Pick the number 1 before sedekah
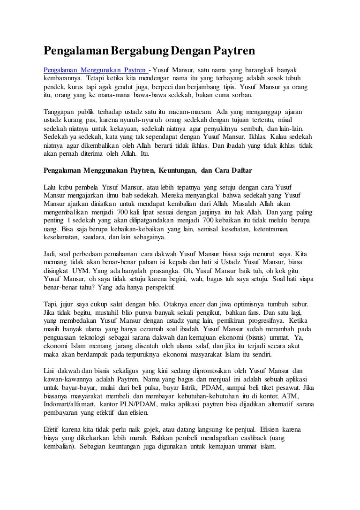[x=69, y=220]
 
